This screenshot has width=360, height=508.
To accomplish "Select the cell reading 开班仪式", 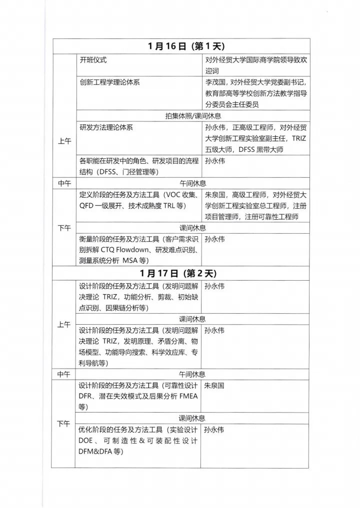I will pyautogui.click(x=93, y=60).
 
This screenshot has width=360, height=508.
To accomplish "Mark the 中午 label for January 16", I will pyautogui.click(x=64, y=183).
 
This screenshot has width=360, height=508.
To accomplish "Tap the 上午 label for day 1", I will pyautogui.click(x=64, y=141).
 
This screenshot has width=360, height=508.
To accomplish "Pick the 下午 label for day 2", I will pyautogui.click(x=64, y=424).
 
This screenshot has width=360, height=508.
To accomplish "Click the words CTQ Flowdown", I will pyautogui.click(x=121, y=250).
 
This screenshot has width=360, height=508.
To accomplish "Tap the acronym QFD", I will pyautogui.click(x=86, y=206).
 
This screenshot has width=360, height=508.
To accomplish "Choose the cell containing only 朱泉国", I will pyautogui.click(x=213, y=386).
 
